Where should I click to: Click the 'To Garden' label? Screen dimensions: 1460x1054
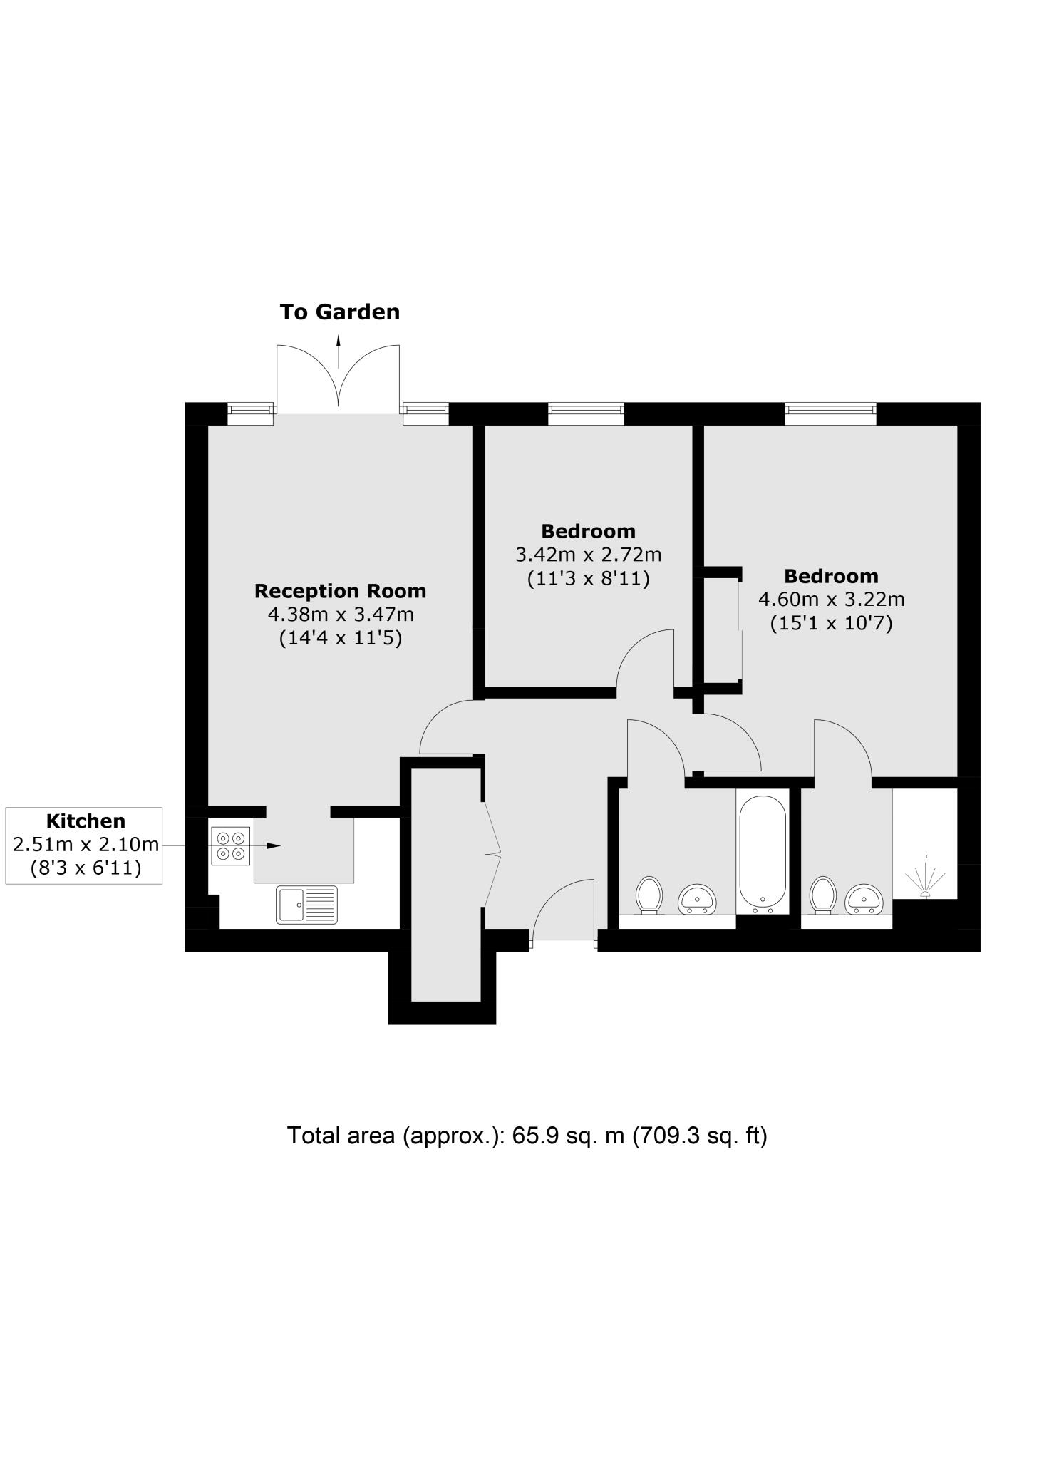click(x=339, y=312)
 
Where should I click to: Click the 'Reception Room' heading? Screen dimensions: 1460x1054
click(x=340, y=591)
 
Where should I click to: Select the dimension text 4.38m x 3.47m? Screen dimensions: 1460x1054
click(x=340, y=614)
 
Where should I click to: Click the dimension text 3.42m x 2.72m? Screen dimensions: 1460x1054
click(x=588, y=554)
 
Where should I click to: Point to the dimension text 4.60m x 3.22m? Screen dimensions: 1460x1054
click(x=831, y=599)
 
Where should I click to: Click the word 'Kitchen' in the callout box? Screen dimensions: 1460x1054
click(x=85, y=821)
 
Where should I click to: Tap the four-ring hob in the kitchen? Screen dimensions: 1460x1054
click(x=231, y=845)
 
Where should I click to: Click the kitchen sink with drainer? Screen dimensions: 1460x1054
click(x=307, y=905)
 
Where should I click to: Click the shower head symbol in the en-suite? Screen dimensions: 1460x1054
click(x=925, y=880)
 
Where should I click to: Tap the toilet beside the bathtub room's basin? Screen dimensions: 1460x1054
click(x=649, y=895)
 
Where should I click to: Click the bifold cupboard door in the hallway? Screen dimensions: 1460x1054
click(x=492, y=853)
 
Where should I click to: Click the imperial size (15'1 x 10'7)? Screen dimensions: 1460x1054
click(x=831, y=623)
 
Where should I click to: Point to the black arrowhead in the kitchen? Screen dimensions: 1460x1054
click(x=274, y=845)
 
